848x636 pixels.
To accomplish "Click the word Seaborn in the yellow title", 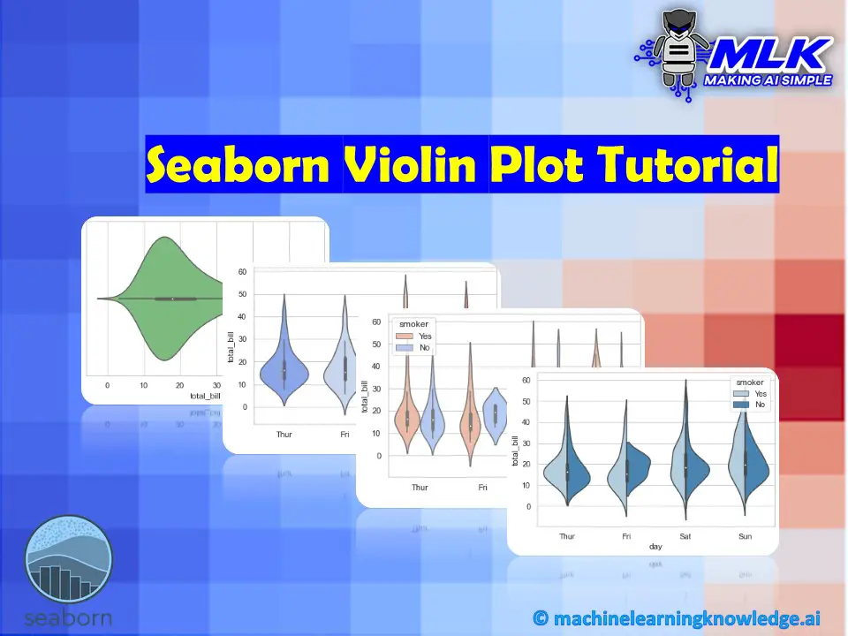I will pos(243,165).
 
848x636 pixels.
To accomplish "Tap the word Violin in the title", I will pos(414,165).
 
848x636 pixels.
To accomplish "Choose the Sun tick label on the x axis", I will pos(746,535).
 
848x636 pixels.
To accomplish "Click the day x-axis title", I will pos(655,547).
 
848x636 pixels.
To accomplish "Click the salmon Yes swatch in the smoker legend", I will pos(404,337).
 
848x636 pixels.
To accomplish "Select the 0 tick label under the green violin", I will pos(108,386).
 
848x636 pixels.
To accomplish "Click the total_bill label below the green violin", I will pos(205,397).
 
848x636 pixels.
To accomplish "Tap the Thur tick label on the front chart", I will pos(567,535).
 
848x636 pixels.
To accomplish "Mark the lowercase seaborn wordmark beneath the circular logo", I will pos(69,616).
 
